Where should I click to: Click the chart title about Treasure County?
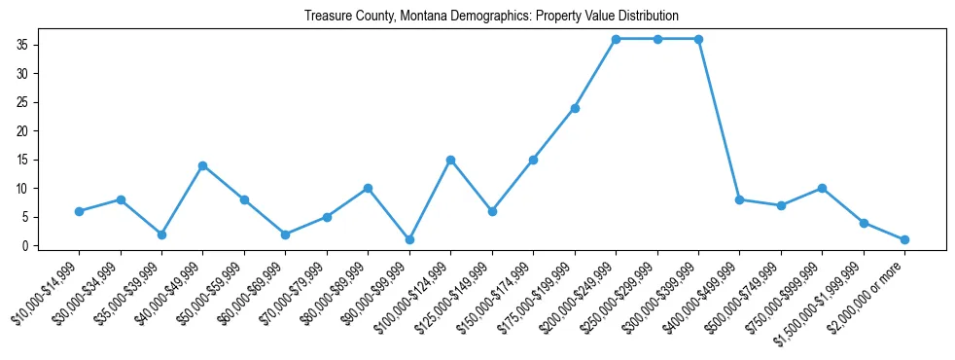point(491,17)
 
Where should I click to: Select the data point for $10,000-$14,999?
point(79,211)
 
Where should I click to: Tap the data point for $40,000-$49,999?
point(202,165)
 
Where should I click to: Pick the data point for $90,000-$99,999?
point(409,239)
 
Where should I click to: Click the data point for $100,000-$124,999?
point(450,160)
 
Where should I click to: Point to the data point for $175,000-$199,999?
point(575,108)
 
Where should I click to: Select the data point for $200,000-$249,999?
point(616,39)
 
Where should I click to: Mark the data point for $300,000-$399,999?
point(698,39)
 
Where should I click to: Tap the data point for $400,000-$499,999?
point(740,199)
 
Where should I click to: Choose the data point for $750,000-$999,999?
point(823,188)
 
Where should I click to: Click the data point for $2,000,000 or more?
point(905,239)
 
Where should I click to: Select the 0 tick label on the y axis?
point(34,245)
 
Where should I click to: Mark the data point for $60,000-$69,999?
point(285,234)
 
